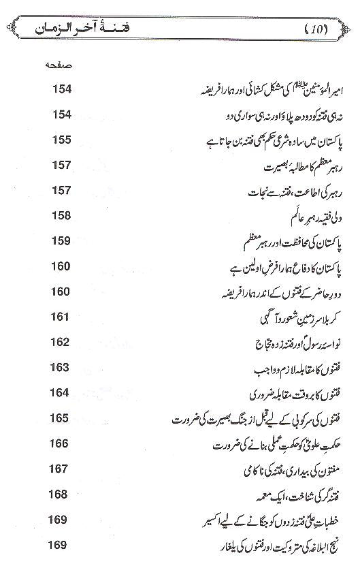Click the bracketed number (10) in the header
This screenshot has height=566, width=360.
[314, 29]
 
